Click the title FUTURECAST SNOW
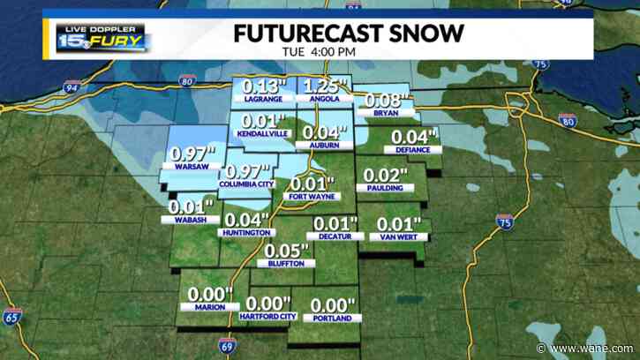click(x=348, y=33)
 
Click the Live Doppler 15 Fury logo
click(x=103, y=36)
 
